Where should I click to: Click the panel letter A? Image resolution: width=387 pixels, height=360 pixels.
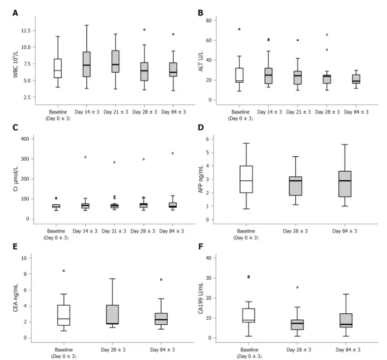(15, 12)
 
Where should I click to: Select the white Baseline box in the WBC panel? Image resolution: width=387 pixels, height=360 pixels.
(58, 68)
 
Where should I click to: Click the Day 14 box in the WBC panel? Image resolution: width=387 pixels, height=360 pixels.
(86, 64)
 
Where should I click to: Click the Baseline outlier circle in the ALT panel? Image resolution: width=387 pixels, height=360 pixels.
(239, 29)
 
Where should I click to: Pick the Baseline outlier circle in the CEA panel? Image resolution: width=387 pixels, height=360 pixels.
(64, 270)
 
